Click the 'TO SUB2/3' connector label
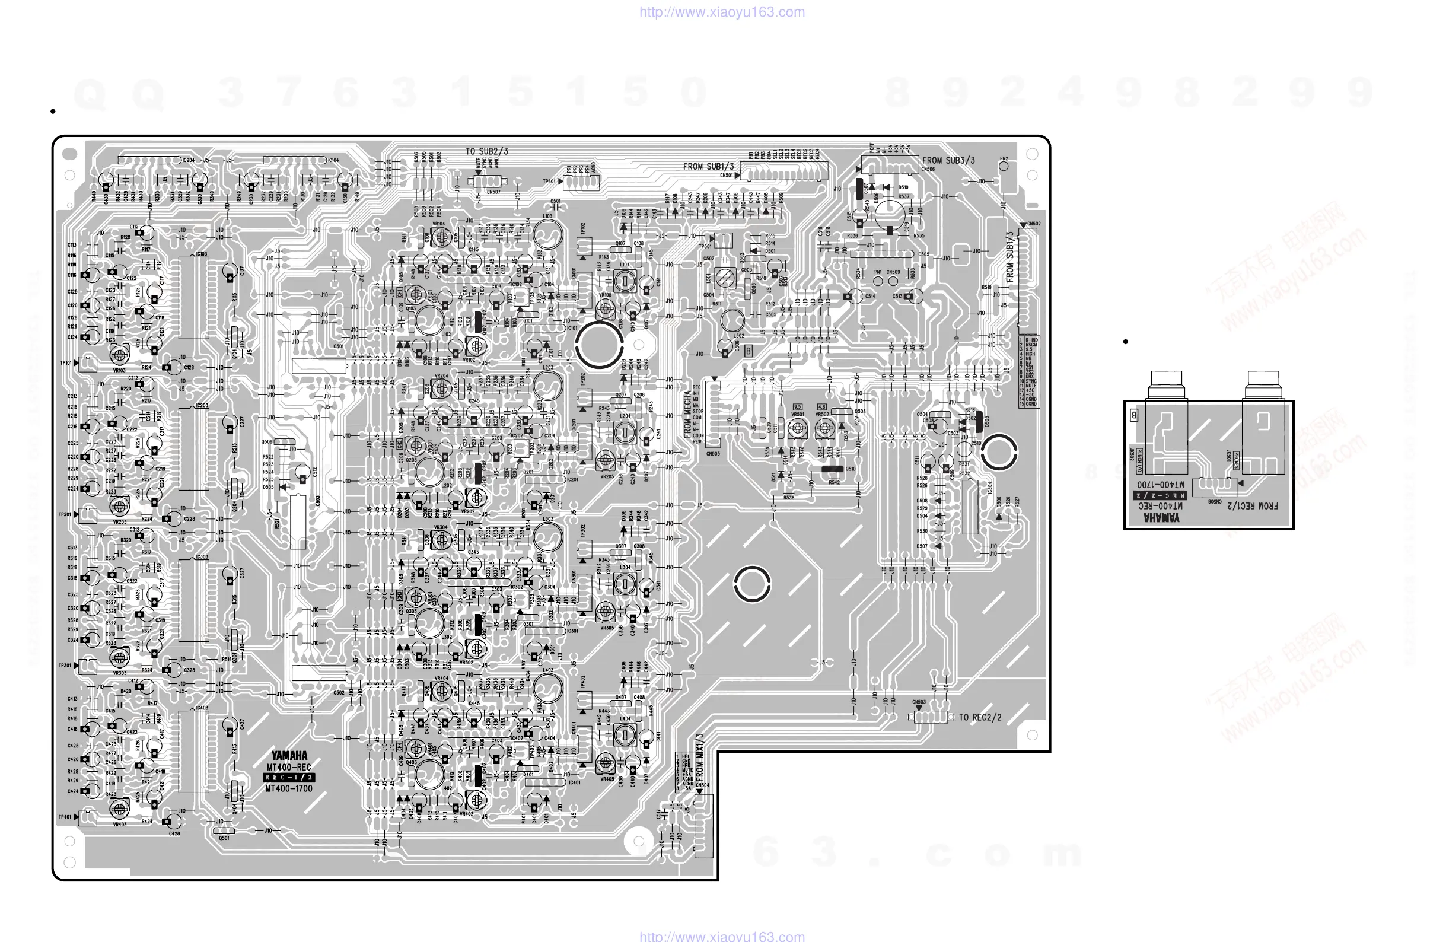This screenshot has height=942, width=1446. pyautogui.click(x=487, y=151)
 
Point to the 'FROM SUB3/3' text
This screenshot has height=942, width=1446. pyautogui.click(x=948, y=160)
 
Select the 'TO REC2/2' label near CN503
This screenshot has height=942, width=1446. pyautogui.click(x=980, y=717)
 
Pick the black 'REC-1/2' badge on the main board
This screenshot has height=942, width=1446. pyautogui.click(x=289, y=777)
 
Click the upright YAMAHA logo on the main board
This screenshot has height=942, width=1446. pyautogui.click(x=289, y=756)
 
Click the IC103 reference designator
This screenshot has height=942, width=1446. pyautogui.click(x=201, y=254)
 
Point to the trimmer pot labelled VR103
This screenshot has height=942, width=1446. pyautogui.click(x=119, y=354)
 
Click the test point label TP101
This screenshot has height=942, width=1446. pyautogui.click(x=65, y=363)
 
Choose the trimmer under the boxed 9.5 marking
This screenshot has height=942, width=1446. pyautogui.click(x=797, y=428)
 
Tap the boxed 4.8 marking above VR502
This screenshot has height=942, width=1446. pyautogui.click(x=822, y=406)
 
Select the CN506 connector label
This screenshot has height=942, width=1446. pyautogui.click(x=928, y=170)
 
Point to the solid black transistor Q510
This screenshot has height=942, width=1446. pyautogui.click(x=832, y=469)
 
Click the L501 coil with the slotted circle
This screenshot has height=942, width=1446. pyautogui.click(x=724, y=279)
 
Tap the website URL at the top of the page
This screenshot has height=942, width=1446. pyautogui.click(x=722, y=11)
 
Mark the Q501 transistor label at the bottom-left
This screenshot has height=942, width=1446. pyautogui.click(x=224, y=838)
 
